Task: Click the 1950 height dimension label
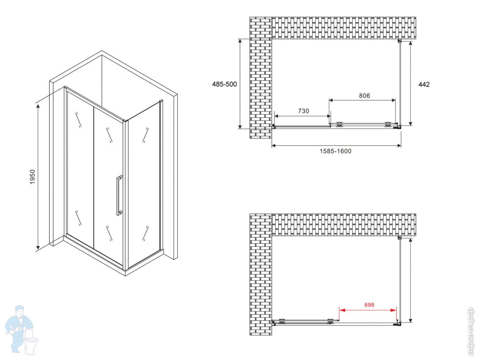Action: click(33, 176)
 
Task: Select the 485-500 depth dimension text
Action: click(224, 84)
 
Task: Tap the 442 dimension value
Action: click(424, 85)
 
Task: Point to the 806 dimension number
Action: click(364, 96)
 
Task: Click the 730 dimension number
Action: click(304, 111)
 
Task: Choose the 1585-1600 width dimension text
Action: click(336, 151)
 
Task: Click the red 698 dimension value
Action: click(369, 305)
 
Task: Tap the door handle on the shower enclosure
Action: click(119, 195)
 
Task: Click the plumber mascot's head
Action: click(20, 312)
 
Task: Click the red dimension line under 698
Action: click(368, 310)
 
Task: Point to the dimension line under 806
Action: click(362, 100)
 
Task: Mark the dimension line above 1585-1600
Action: click(336, 146)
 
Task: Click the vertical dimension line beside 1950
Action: click(38, 176)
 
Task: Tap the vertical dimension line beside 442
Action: click(411, 83)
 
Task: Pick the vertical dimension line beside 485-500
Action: click(240, 84)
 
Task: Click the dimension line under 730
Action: click(303, 116)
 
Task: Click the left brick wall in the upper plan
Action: click(261, 78)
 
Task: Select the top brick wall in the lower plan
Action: click(344, 225)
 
